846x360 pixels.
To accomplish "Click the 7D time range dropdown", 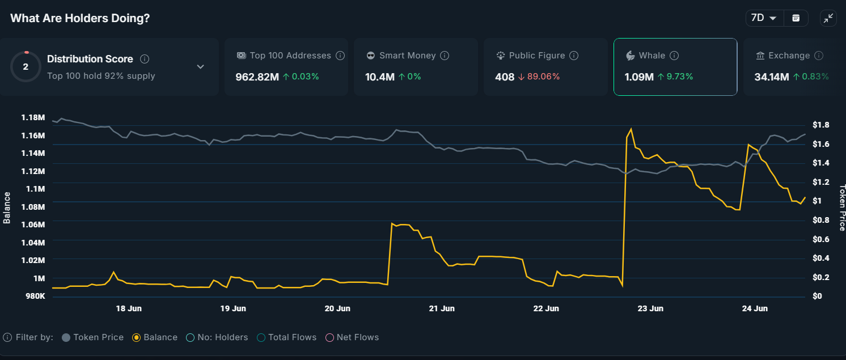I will [764, 18].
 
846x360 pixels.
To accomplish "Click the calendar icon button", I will [796, 18].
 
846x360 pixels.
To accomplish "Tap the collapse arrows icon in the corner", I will [828, 18].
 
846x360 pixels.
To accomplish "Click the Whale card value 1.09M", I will [639, 77].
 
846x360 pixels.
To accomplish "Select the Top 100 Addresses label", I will [290, 56].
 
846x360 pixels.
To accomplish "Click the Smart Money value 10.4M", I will [379, 77].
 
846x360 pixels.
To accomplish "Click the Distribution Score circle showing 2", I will [26, 66].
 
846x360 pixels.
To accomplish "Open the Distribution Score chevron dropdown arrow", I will [200, 67].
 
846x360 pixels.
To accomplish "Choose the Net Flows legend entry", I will [352, 337].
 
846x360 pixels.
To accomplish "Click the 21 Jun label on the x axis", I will [442, 308].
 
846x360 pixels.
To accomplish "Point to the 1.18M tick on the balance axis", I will [32, 117].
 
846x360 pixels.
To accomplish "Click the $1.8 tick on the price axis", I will [821, 125].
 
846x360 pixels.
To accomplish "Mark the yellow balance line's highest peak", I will [631, 129].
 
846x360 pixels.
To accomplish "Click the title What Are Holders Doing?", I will [80, 18].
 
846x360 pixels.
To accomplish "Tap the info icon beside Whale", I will [674, 56].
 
